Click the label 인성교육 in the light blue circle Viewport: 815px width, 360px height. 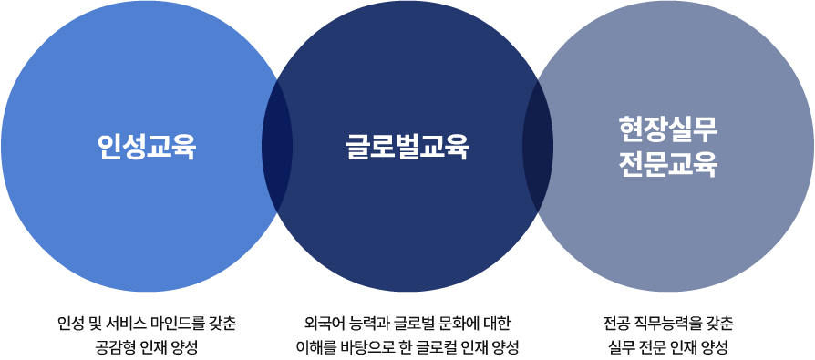coord(147,146)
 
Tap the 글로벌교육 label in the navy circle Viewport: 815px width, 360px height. coord(407,146)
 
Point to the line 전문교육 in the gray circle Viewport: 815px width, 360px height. coord(668,165)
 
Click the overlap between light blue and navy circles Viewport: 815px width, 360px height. coord(277,146)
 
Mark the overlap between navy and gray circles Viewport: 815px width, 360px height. coord(538,146)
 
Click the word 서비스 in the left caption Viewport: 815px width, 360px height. coord(123,324)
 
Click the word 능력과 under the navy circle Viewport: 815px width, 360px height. coord(366,324)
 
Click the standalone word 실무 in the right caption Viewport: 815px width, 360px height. coord(622,347)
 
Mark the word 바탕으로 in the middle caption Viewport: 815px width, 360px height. coord(357,347)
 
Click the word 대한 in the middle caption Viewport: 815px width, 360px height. coord(500,324)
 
